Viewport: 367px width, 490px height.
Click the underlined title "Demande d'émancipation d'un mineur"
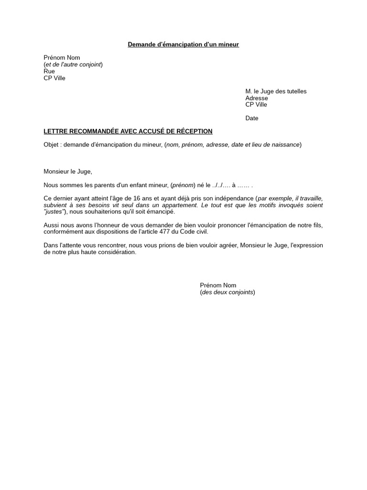tap(183, 45)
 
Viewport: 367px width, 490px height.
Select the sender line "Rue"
tap(49, 71)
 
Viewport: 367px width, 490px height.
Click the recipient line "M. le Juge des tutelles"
tap(276, 91)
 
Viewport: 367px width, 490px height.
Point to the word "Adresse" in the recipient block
tap(257, 98)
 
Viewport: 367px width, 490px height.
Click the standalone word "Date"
tap(252, 118)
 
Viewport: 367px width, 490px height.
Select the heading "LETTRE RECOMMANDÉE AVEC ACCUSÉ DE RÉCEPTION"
tap(128, 131)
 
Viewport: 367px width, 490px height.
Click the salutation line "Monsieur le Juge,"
tap(67, 171)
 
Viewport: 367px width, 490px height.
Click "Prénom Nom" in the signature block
tap(218, 285)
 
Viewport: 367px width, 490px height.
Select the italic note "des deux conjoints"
tap(227, 292)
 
